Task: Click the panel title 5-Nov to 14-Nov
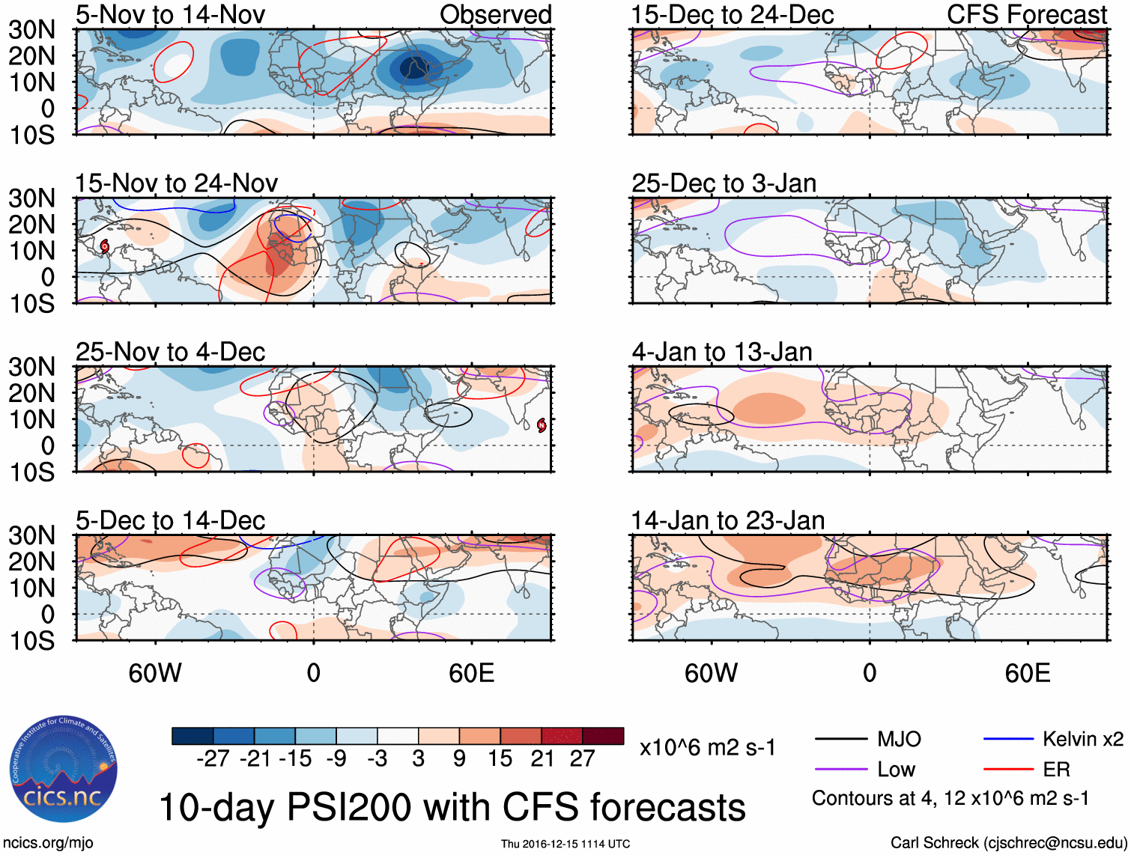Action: pos(170,14)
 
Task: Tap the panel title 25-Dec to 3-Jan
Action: pos(724,183)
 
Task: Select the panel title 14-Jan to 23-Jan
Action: pos(727,520)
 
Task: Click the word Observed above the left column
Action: pos(495,14)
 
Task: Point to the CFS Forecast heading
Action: pos(1026,14)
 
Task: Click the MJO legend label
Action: pos(899,740)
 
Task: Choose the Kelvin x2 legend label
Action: pos(1082,740)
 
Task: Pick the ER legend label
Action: pos(1056,770)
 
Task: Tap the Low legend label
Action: pos(896,770)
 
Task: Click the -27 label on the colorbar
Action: pos(213,758)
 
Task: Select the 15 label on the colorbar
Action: pos(500,758)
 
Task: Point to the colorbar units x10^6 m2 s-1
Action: pos(707,747)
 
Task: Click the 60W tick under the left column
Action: pos(155,673)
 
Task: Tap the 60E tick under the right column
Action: pos(1027,673)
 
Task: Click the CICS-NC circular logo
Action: pos(63,768)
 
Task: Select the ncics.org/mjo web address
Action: pos(48,843)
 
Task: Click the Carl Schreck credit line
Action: pos(1008,843)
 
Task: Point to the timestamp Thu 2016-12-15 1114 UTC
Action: pos(565,844)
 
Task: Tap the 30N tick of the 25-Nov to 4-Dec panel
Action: pos(31,367)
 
